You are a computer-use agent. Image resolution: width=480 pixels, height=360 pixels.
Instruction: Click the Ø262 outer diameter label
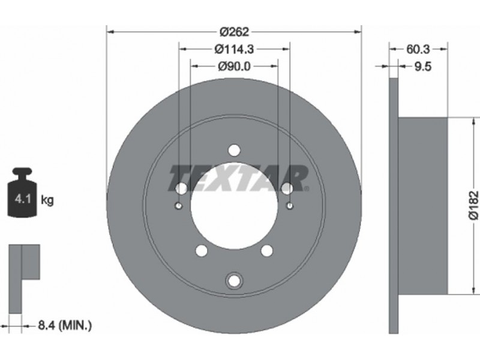(235, 31)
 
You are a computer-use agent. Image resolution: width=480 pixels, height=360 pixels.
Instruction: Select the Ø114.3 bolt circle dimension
(234, 49)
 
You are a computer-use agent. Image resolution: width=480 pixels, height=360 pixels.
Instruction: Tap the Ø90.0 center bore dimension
(234, 66)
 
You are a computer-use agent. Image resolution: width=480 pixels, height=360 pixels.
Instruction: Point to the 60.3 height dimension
(418, 49)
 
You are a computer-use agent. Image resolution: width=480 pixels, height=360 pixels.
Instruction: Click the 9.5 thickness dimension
(423, 66)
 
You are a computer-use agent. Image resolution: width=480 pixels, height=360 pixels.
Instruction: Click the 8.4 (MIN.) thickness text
(65, 325)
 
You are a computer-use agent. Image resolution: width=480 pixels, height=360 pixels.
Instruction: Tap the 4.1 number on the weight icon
(23, 200)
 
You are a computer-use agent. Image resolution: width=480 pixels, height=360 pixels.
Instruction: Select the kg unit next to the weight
(47, 200)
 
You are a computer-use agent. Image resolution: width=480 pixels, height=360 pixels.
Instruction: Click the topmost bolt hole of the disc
(234, 151)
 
